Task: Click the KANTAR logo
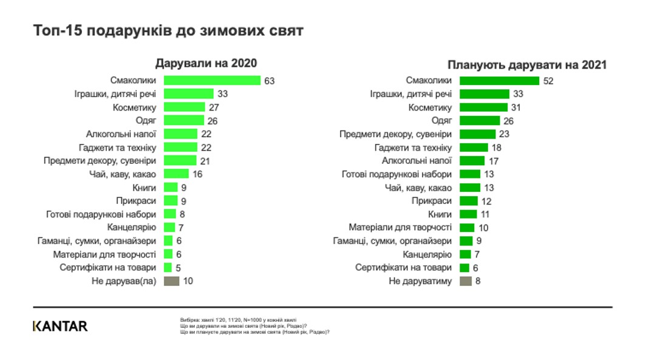(x=60, y=326)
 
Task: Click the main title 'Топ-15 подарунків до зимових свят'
(x=168, y=31)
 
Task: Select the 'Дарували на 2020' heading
(x=206, y=64)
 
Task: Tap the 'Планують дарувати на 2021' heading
(x=527, y=65)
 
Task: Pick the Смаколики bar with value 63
(x=212, y=81)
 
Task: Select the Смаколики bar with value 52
(x=499, y=81)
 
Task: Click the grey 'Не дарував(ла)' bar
(x=172, y=280)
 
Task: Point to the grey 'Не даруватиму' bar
(x=466, y=280)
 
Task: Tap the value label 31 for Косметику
(x=517, y=107)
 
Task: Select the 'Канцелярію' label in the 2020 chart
(x=132, y=227)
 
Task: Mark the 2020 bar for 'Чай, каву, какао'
(x=176, y=174)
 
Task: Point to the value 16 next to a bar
(x=197, y=174)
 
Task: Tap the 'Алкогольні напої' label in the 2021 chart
(x=416, y=161)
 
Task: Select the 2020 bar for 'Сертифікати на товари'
(x=168, y=267)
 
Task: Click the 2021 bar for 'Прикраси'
(x=467, y=200)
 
